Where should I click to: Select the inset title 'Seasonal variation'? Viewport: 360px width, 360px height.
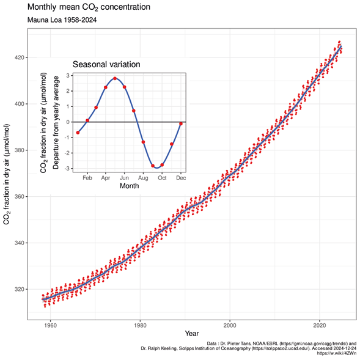click(107, 64)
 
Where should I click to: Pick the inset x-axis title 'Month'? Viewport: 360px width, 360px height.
click(129, 186)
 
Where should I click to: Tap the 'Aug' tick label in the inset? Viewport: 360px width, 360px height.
click(143, 177)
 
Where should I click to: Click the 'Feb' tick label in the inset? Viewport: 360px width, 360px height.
click(87, 177)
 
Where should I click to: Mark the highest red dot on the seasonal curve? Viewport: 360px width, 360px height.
click(115, 78)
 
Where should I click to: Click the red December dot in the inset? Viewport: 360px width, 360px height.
click(181, 123)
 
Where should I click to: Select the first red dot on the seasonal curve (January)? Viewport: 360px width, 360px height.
click(78, 133)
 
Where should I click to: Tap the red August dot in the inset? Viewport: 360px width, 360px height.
click(143, 142)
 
